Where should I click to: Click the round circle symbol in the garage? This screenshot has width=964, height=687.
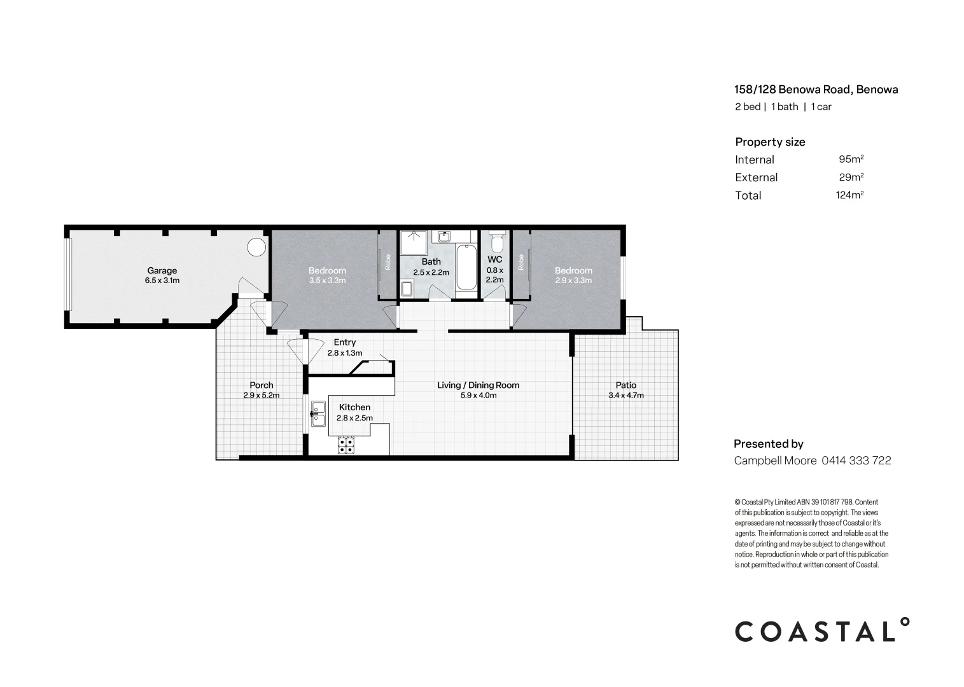click(x=256, y=247)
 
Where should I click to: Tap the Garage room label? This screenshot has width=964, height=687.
click(x=162, y=270)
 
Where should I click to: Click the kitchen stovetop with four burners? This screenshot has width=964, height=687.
click(x=346, y=445)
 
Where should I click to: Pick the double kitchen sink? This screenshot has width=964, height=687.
click(x=318, y=414)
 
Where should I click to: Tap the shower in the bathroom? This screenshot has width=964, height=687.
click(x=414, y=242)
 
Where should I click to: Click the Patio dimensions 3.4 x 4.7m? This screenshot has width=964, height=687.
click(x=625, y=395)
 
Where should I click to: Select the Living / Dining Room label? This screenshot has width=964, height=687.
click(x=478, y=385)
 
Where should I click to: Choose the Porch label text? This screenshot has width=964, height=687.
click(x=262, y=385)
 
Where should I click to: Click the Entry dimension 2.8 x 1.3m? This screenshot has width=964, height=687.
click(x=345, y=353)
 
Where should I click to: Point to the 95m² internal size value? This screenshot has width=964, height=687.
click(x=851, y=159)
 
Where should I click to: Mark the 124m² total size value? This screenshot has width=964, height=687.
click(x=849, y=195)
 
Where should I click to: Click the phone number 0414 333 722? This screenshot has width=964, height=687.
click(x=856, y=461)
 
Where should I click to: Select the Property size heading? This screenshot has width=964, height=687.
click(x=770, y=142)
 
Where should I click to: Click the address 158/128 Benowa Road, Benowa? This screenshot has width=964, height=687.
click(x=816, y=90)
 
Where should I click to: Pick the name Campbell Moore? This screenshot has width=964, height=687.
click(x=775, y=461)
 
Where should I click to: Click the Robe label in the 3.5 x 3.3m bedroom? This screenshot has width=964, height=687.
click(x=388, y=262)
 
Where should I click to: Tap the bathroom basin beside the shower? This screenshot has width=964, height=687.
click(x=444, y=237)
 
